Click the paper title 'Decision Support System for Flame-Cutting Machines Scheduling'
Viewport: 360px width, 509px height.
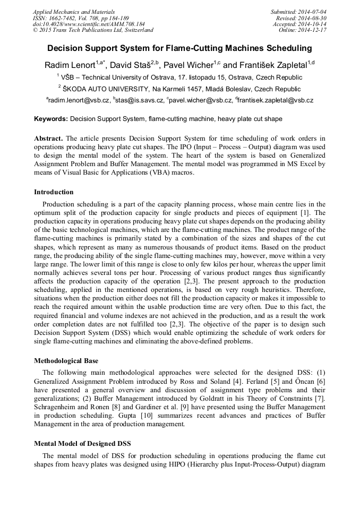[x=179, y=48]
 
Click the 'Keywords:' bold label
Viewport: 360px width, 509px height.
[x=51, y=119]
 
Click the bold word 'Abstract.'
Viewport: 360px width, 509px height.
[x=48, y=139]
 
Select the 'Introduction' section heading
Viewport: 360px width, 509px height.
[x=54, y=192]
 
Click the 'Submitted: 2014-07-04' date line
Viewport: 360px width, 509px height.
[x=299, y=12]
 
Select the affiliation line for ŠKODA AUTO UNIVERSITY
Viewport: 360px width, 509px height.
[x=179, y=89]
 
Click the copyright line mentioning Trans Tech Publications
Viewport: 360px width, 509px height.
[x=93, y=30]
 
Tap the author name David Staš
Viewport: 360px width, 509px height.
[x=134, y=65]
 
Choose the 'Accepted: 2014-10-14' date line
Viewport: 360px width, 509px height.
[x=299, y=24]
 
